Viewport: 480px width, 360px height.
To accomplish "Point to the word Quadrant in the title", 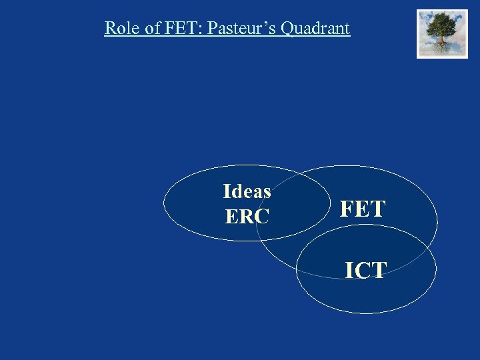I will click(x=315, y=29).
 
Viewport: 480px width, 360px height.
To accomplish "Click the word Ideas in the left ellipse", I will click(x=247, y=192).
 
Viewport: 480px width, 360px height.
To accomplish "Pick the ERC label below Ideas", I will click(x=247, y=217).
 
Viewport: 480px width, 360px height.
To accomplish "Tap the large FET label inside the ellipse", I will click(x=363, y=209).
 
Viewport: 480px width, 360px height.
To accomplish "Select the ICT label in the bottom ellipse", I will click(x=365, y=270).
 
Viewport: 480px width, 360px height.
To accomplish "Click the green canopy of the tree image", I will click(x=442, y=25).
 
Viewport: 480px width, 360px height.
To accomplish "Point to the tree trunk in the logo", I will click(x=442, y=39).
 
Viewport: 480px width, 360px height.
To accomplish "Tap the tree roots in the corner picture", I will click(x=442, y=47).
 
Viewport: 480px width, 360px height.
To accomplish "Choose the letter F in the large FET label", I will click(x=347, y=209).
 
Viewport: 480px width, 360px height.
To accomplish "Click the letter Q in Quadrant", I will click(x=287, y=29).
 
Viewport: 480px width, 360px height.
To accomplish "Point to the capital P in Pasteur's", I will click(x=213, y=29).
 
